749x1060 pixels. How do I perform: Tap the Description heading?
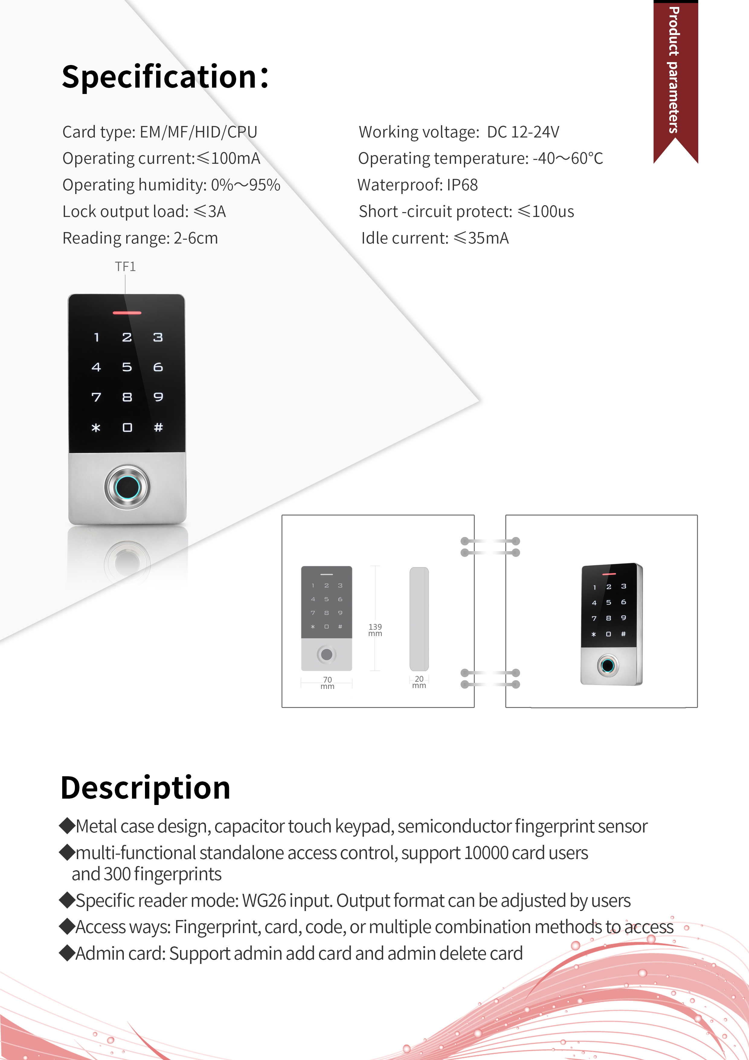(145, 788)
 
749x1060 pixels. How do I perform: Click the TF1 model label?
(125, 267)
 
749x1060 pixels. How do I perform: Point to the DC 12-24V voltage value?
(523, 132)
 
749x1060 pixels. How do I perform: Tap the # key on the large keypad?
(158, 428)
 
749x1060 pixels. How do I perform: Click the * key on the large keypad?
(96, 428)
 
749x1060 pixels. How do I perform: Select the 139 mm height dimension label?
(375, 630)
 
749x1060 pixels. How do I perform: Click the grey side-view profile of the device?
(419, 619)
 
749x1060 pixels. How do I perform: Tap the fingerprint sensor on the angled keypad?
(607, 665)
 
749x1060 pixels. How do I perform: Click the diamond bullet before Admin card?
(67, 953)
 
